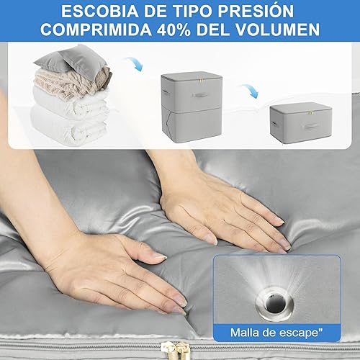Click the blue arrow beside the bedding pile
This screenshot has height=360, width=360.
tap(134, 66)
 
